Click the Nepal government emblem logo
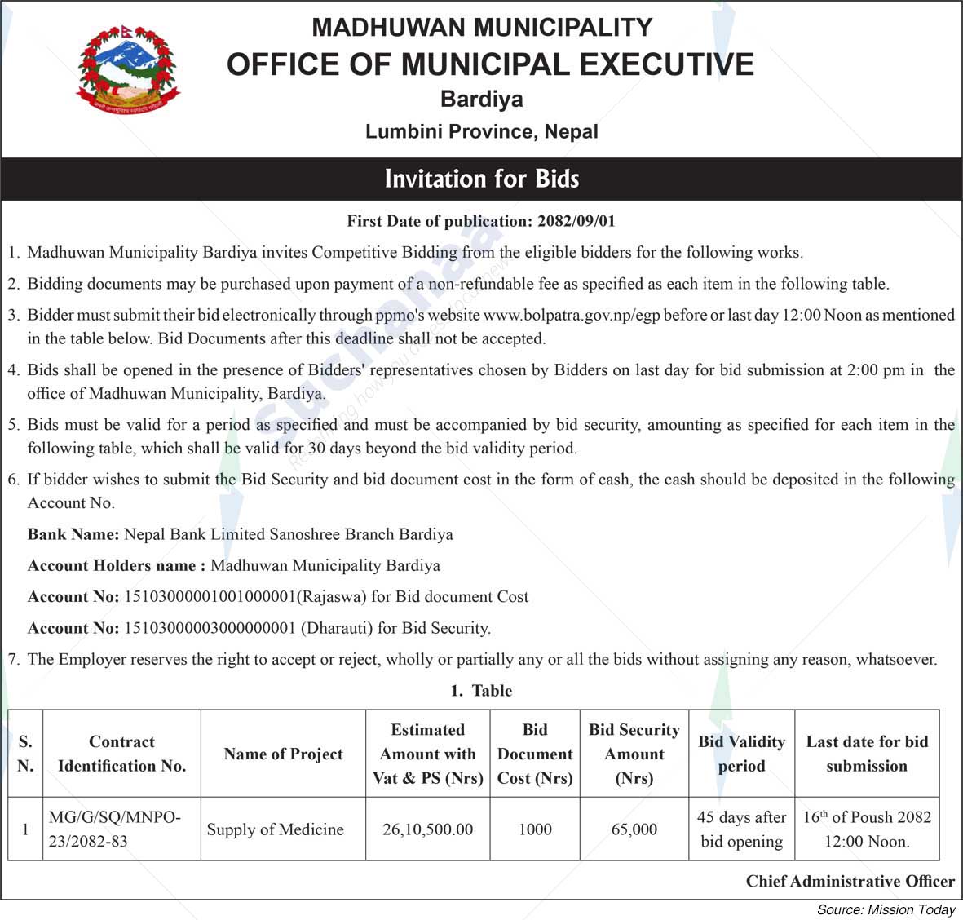click(127, 69)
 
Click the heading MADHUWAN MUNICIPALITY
click(481, 27)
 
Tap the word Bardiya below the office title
click(481, 100)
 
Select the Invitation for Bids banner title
click(481, 179)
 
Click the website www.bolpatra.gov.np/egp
click(572, 315)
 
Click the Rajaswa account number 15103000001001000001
click(209, 597)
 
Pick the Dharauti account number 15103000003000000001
click(209, 628)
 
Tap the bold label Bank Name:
click(73, 534)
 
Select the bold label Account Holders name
click(116, 565)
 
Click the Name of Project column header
click(283, 754)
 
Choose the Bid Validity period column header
click(741, 754)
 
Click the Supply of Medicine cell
click(275, 829)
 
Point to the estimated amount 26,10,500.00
click(427, 829)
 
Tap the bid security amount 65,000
click(634, 829)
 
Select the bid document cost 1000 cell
click(535, 829)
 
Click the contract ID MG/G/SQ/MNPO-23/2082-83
click(114, 829)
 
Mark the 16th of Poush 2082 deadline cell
click(867, 829)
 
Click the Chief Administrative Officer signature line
click(850, 882)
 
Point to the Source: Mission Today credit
click(886, 909)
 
